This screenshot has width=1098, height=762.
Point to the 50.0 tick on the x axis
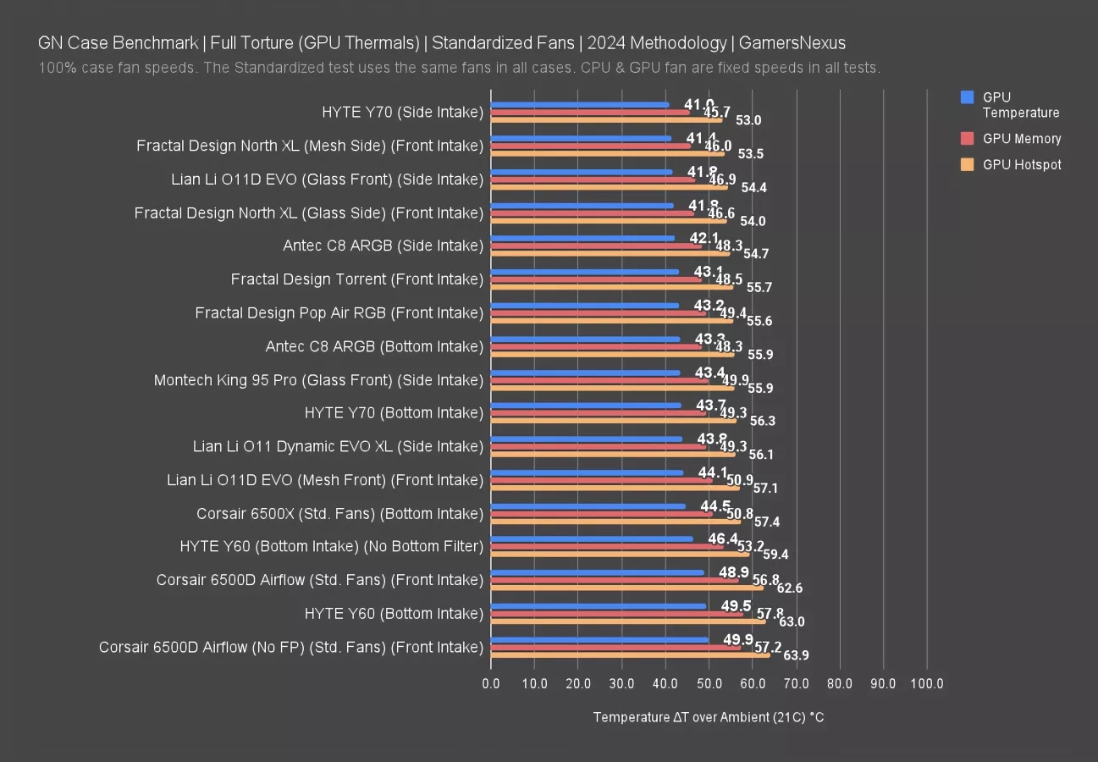pos(709,684)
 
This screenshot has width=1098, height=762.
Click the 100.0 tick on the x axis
pos(926,684)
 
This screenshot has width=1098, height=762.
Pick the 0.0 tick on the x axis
pos(491,684)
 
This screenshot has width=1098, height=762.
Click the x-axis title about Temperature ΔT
pos(708,718)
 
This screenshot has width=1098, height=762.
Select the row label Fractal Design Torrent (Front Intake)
pos(356,279)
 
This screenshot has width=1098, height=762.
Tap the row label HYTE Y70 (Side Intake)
pos(402,112)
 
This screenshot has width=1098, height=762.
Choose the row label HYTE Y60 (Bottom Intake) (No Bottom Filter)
pos(331,547)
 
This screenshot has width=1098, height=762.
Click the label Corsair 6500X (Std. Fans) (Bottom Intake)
pos(339,514)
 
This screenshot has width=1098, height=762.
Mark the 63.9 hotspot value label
pos(796,655)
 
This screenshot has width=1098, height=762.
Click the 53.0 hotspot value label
pos(748,120)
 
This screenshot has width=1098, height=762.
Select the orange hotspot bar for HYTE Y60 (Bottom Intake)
pos(628,621)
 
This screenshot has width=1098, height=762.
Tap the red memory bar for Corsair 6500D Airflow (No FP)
pos(615,648)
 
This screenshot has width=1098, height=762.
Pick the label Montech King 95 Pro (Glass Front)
pos(318,380)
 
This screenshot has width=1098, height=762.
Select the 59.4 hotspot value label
pos(775,555)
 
